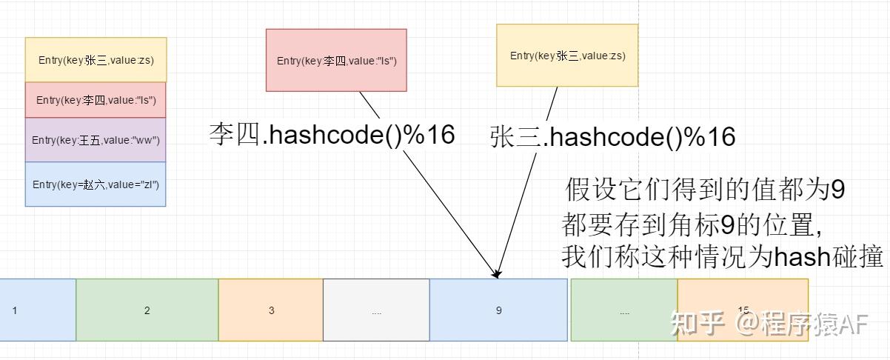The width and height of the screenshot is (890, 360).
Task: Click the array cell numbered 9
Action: click(x=498, y=310)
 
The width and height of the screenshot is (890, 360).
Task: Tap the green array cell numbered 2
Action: click(x=147, y=310)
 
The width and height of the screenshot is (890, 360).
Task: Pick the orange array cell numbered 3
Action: click(x=271, y=310)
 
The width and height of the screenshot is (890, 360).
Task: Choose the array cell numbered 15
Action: click(x=743, y=310)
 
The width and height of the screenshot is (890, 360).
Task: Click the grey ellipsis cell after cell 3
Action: click(x=376, y=310)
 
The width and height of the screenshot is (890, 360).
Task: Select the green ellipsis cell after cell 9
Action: click(x=624, y=310)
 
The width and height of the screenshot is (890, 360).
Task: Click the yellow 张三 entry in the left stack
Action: click(x=96, y=60)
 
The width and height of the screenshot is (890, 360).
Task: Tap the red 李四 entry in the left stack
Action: click(x=96, y=100)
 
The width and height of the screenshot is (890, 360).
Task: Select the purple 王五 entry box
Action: click(x=96, y=140)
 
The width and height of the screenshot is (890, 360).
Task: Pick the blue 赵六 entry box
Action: click(x=96, y=184)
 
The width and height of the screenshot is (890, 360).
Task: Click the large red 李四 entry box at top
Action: click(x=336, y=61)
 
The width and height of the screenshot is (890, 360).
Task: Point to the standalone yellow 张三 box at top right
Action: click(x=566, y=56)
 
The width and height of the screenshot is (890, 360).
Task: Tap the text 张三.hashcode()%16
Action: click(x=612, y=137)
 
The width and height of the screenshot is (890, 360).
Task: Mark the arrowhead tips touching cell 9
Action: click(x=498, y=276)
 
